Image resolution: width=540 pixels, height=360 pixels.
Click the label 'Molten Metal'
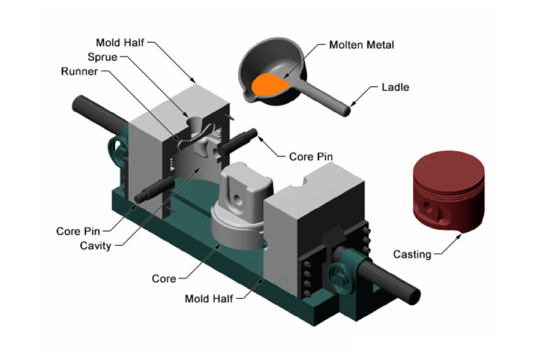tap(361, 44)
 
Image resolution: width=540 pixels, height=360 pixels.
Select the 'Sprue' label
tap(103, 57)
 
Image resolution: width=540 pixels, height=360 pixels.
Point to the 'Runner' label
tap(81, 71)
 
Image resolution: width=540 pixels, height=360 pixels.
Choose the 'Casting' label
tap(412, 254)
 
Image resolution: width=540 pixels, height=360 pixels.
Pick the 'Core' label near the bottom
tap(164, 278)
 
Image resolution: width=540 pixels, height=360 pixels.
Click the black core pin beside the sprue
tap(240, 138)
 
